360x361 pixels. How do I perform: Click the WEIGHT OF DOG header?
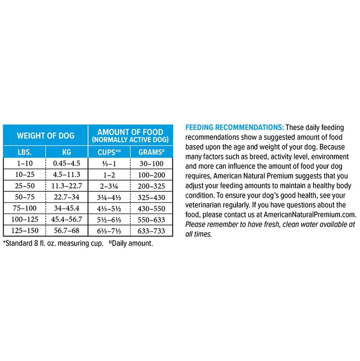click(45, 135)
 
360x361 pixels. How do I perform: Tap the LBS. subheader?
click(24, 152)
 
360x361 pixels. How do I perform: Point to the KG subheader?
click(67, 152)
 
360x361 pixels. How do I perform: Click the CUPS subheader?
click(109, 152)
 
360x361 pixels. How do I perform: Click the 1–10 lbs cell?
click(24, 163)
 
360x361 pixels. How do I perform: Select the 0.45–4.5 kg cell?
click(67, 163)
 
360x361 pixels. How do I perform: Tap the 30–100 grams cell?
click(152, 163)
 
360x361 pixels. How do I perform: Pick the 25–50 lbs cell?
click(24, 186)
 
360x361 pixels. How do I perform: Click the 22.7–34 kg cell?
click(67, 197)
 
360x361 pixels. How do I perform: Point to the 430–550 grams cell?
click(152, 208)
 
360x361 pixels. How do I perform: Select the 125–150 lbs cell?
click(24, 231)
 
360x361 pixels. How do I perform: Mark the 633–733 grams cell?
click(152, 231)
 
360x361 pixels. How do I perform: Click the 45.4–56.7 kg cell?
click(67, 219)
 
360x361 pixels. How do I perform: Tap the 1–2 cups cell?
click(109, 174)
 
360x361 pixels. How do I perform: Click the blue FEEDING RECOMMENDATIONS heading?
click(235, 128)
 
